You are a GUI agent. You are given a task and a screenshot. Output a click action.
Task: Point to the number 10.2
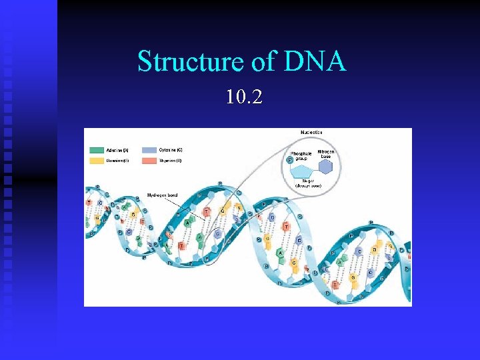244,98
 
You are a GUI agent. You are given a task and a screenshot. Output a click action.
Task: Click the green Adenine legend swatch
97,151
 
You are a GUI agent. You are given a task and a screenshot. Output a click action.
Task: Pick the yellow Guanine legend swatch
97,161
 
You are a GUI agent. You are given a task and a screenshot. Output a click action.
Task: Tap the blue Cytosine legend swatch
148,151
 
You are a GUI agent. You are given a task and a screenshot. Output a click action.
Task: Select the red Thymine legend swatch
148,161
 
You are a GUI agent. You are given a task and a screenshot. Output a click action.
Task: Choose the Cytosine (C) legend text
170,151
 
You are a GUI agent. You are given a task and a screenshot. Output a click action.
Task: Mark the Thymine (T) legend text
170,161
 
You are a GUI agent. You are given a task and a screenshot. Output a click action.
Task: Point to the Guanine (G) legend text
119,161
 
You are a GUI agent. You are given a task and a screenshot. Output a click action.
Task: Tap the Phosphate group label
301,156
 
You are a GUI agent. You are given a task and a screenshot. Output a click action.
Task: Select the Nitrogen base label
326,154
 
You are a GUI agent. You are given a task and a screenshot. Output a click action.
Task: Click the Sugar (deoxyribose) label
308,183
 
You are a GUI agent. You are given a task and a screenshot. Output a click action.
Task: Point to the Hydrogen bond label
161,195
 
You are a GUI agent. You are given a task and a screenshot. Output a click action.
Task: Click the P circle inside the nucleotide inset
289,160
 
